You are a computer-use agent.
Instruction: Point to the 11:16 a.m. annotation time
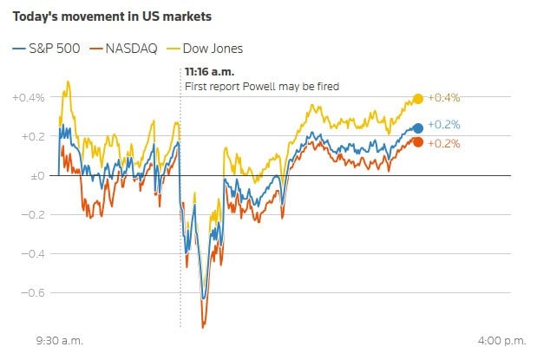tap(209, 72)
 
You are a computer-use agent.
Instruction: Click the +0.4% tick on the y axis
tap(29, 97)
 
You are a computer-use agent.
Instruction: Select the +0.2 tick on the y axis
tap(33, 136)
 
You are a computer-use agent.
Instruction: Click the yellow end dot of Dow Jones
tap(418, 99)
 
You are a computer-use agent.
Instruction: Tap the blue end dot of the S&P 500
tap(418, 128)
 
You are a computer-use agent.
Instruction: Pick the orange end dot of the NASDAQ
tap(418, 141)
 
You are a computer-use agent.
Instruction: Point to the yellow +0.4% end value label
tap(442, 99)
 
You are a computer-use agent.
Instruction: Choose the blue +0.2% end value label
tap(442, 126)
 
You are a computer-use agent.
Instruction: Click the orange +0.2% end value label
tap(442, 143)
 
